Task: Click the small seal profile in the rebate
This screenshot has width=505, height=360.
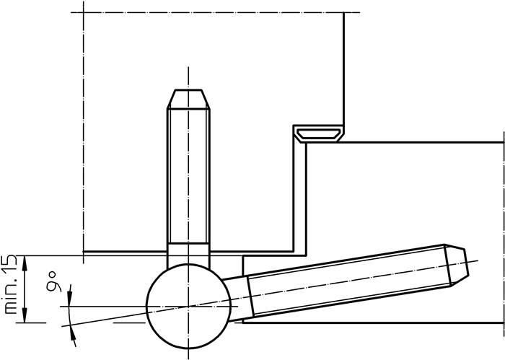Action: pos(317,133)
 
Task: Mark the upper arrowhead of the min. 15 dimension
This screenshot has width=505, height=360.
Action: pos(26,263)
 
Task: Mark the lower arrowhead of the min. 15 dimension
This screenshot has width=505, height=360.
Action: pos(26,315)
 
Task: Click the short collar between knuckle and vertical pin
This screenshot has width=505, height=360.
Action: pos(188,255)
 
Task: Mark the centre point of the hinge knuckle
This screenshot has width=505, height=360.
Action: pos(188,307)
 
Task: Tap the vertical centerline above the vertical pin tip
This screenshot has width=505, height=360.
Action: pos(188,76)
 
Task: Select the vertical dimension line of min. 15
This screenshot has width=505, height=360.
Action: pos(26,289)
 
